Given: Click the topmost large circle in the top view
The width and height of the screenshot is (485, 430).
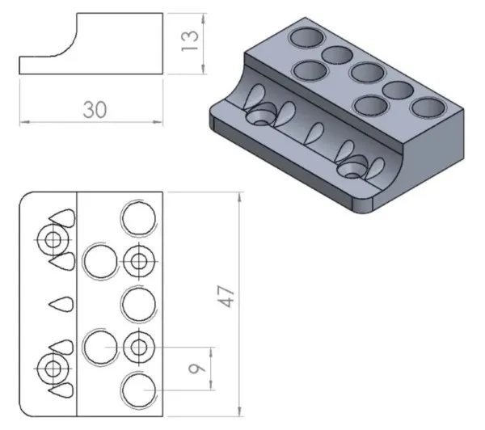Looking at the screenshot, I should (x=138, y=217).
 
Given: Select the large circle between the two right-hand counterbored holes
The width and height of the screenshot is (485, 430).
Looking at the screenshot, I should (x=138, y=304).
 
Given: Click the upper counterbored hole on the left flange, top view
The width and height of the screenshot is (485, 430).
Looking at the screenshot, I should (x=53, y=239).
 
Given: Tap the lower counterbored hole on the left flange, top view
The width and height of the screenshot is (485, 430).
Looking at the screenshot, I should (x=53, y=369).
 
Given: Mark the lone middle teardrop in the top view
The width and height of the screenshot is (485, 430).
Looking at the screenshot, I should (x=61, y=304).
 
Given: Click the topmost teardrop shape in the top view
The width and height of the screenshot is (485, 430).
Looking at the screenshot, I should (x=61, y=216).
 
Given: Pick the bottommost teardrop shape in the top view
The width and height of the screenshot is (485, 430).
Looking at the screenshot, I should (x=61, y=392).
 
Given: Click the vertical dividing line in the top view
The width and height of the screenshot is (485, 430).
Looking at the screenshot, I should (x=77, y=304).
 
